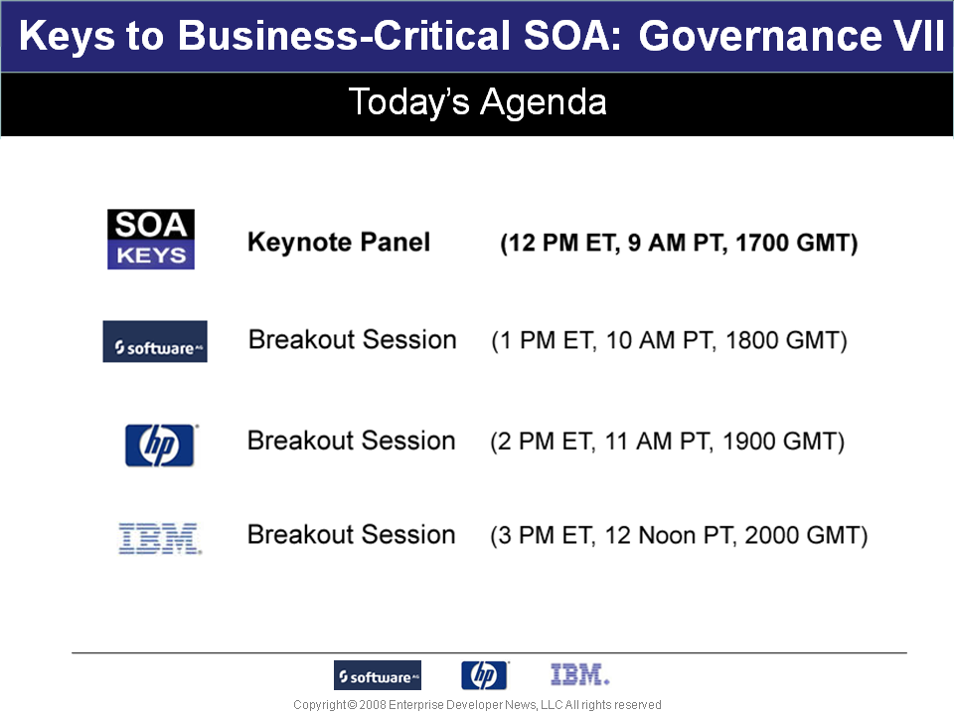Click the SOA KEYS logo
[151, 240]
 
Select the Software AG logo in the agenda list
[155, 341]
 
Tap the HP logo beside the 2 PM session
[160, 446]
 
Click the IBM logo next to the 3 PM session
[160, 538]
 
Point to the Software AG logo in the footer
[378, 675]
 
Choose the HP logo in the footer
[484, 675]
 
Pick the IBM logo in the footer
[579, 674]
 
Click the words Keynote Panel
[339, 243]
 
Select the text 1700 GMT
[792, 243]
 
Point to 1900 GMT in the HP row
[778, 442]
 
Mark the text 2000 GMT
[801, 536]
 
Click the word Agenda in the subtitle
[544, 102]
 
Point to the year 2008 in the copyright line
[373, 705]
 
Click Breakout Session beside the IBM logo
[351, 535]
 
